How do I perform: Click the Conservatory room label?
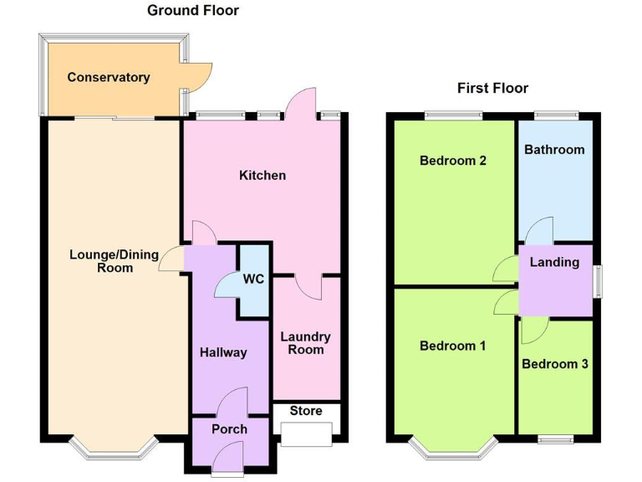point(109,78)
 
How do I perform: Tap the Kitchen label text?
point(262,176)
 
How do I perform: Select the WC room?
point(254,279)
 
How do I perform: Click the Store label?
point(306,411)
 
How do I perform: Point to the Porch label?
point(229,429)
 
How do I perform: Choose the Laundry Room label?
point(306,343)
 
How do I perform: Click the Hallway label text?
point(223,352)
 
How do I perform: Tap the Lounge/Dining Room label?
point(114,261)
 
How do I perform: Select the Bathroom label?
point(554,150)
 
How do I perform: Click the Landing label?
point(554,262)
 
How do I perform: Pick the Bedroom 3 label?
point(554,364)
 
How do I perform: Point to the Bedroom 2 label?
point(453,161)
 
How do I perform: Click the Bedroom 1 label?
point(453,346)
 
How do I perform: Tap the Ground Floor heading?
point(193,11)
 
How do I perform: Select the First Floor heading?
point(492,88)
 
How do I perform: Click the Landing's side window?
point(598,280)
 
